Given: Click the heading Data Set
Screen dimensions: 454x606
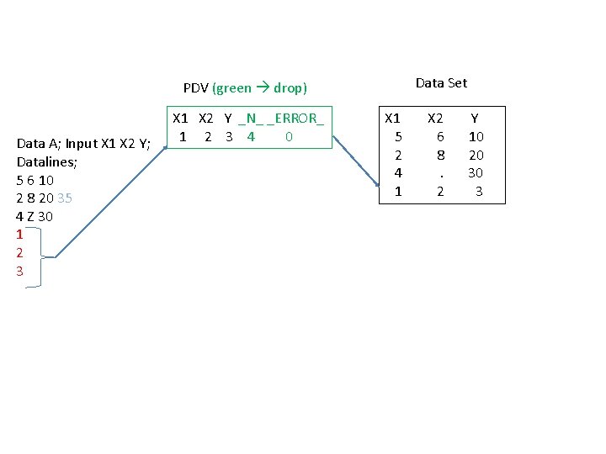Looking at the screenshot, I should [x=441, y=82].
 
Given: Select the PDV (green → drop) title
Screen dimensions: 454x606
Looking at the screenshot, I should [x=245, y=87].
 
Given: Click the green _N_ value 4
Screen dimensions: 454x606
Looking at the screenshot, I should [x=251, y=136].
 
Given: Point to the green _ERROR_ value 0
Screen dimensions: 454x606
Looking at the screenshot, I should [x=289, y=136].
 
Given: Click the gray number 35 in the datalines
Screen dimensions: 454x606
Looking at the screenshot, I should [x=65, y=198].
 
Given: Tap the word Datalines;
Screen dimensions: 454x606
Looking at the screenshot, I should [x=46, y=161].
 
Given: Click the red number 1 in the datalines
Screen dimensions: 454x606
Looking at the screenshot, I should [x=19, y=235].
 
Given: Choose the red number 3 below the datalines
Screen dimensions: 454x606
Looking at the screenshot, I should [x=19, y=271].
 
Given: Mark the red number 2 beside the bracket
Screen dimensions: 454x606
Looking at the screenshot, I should [x=19, y=252].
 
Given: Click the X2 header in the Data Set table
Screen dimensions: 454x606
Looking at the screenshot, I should [x=435, y=119].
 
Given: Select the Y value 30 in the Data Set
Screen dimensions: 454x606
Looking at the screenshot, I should [x=476, y=173].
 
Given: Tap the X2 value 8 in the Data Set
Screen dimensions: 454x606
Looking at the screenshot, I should [x=440, y=155].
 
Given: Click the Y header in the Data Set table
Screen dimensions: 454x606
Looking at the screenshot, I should [x=475, y=119].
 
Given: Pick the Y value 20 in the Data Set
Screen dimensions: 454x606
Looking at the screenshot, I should [x=476, y=155].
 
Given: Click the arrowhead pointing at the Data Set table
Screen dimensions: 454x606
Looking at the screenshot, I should [x=376, y=185].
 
